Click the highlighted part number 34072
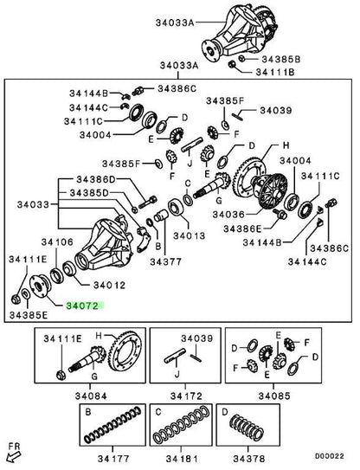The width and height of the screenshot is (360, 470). click(82, 306)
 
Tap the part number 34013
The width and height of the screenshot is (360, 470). click(189, 236)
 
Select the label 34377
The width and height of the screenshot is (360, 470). click(166, 261)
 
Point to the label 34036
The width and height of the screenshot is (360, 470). click(228, 215)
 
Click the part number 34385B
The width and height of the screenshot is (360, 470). click(281, 59)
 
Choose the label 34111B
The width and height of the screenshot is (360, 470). click(275, 72)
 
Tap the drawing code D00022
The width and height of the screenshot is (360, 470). click(329, 456)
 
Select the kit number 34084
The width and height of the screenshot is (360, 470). click(91, 396)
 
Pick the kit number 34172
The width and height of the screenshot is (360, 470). click(186, 396)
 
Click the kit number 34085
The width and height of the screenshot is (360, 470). click(274, 396)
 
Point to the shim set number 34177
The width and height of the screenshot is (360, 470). click(113, 459)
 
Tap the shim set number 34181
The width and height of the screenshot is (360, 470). click(182, 459)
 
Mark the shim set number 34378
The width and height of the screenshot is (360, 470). click(248, 459)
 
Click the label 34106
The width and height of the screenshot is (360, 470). click(57, 242)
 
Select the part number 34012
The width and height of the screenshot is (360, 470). click(109, 285)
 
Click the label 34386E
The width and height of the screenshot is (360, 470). click(242, 229)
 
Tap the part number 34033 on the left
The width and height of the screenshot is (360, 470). click(33, 205)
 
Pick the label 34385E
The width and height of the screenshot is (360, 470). click(29, 315)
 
